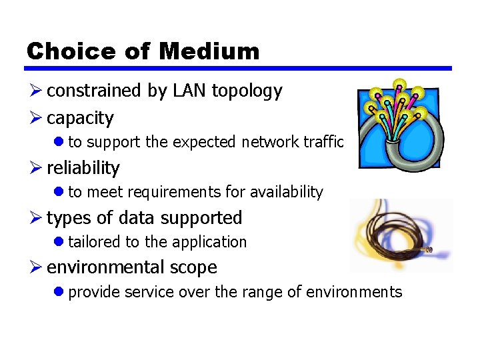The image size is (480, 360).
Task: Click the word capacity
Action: pyautogui.click(x=80, y=119)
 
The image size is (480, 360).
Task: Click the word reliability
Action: pyautogui.click(x=83, y=168)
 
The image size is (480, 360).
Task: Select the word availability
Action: pyautogui.click(x=286, y=193)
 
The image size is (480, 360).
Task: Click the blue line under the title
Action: pyautogui.click(x=238, y=68)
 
